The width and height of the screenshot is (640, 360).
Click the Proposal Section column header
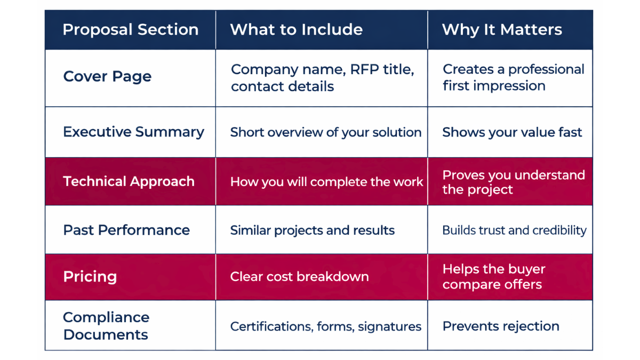tap(130, 29)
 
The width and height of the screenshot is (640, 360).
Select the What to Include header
tap(296, 29)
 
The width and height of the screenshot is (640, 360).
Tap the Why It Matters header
tap(502, 29)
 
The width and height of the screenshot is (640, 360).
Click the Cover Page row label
tap(107, 76)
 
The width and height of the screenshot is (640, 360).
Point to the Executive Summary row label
tap(133, 132)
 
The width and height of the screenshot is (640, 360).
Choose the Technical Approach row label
tap(129, 181)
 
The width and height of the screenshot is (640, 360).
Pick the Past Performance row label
tap(126, 230)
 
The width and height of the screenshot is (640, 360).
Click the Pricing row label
tap(90, 276)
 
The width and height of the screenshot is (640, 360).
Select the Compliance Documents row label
tap(106, 325)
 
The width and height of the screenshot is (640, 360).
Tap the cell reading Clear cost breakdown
tap(299, 276)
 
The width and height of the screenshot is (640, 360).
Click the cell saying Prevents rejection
tap(501, 326)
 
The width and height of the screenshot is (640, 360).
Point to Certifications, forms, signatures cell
tap(325, 326)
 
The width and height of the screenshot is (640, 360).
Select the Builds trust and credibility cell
tap(514, 230)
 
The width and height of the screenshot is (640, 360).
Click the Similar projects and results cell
tap(312, 230)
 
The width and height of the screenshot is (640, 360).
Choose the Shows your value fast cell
tap(512, 132)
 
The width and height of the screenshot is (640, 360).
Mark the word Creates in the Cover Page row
tap(466, 69)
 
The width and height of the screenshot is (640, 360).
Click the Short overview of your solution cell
tap(325, 132)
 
